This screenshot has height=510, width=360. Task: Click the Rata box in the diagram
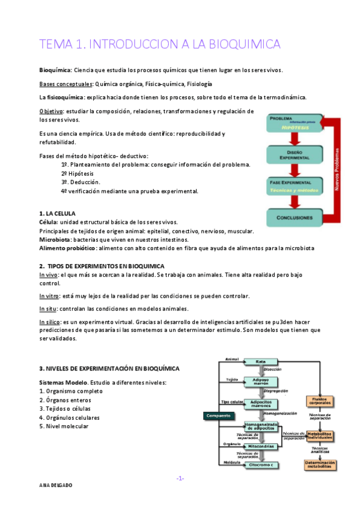pos(260,361)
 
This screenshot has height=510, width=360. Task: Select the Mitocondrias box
pos(261,446)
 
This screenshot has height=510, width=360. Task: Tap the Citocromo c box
pos(260,464)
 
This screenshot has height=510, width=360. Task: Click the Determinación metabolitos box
pos(320,464)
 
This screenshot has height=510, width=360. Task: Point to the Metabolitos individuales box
pos(320,435)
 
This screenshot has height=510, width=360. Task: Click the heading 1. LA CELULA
pos(57,214)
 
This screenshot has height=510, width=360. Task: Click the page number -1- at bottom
pos(180,478)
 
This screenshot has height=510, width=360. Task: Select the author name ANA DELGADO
pos(56,501)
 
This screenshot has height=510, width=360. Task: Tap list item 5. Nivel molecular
pos(63,426)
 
